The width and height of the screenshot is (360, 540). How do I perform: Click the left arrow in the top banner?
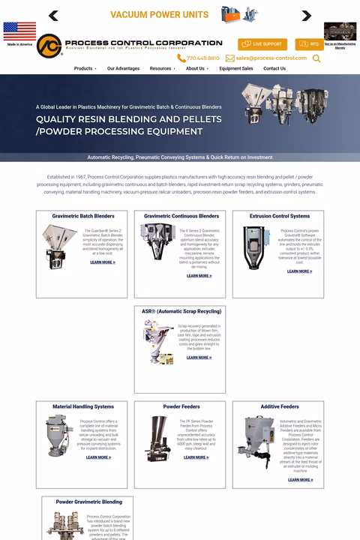(x=53, y=16)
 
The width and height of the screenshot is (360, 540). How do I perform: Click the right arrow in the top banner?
(x=306, y=16)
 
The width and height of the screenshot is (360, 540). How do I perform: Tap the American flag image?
(x=19, y=31)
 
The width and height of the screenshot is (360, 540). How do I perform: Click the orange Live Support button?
(x=262, y=44)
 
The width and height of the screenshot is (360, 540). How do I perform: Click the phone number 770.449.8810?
(x=199, y=58)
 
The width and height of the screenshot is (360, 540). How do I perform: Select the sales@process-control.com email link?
(x=266, y=58)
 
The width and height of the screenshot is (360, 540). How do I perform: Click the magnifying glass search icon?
(x=316, y=58)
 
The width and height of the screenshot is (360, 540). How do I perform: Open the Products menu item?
(x=84, y=68)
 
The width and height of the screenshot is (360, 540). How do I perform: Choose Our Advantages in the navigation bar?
(x=123, y=68)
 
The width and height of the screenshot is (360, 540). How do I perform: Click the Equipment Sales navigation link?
(x=235, y=68)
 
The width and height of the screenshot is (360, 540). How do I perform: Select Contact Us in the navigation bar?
(x=274, y=68)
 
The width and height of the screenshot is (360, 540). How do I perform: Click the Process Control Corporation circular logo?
(x=49, y=46)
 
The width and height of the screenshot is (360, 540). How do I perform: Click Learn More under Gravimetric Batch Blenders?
(x=102, y=262)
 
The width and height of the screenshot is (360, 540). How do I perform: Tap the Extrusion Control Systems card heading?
(x=279, y=216)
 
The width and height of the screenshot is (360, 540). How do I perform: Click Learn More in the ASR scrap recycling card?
(x=199, y=358)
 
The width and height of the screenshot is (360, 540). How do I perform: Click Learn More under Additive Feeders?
(x=300, y=480)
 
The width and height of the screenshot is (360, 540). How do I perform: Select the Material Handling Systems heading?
(x=83, y=406)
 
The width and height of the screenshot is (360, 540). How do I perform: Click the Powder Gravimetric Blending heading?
(x=88, y=502)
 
